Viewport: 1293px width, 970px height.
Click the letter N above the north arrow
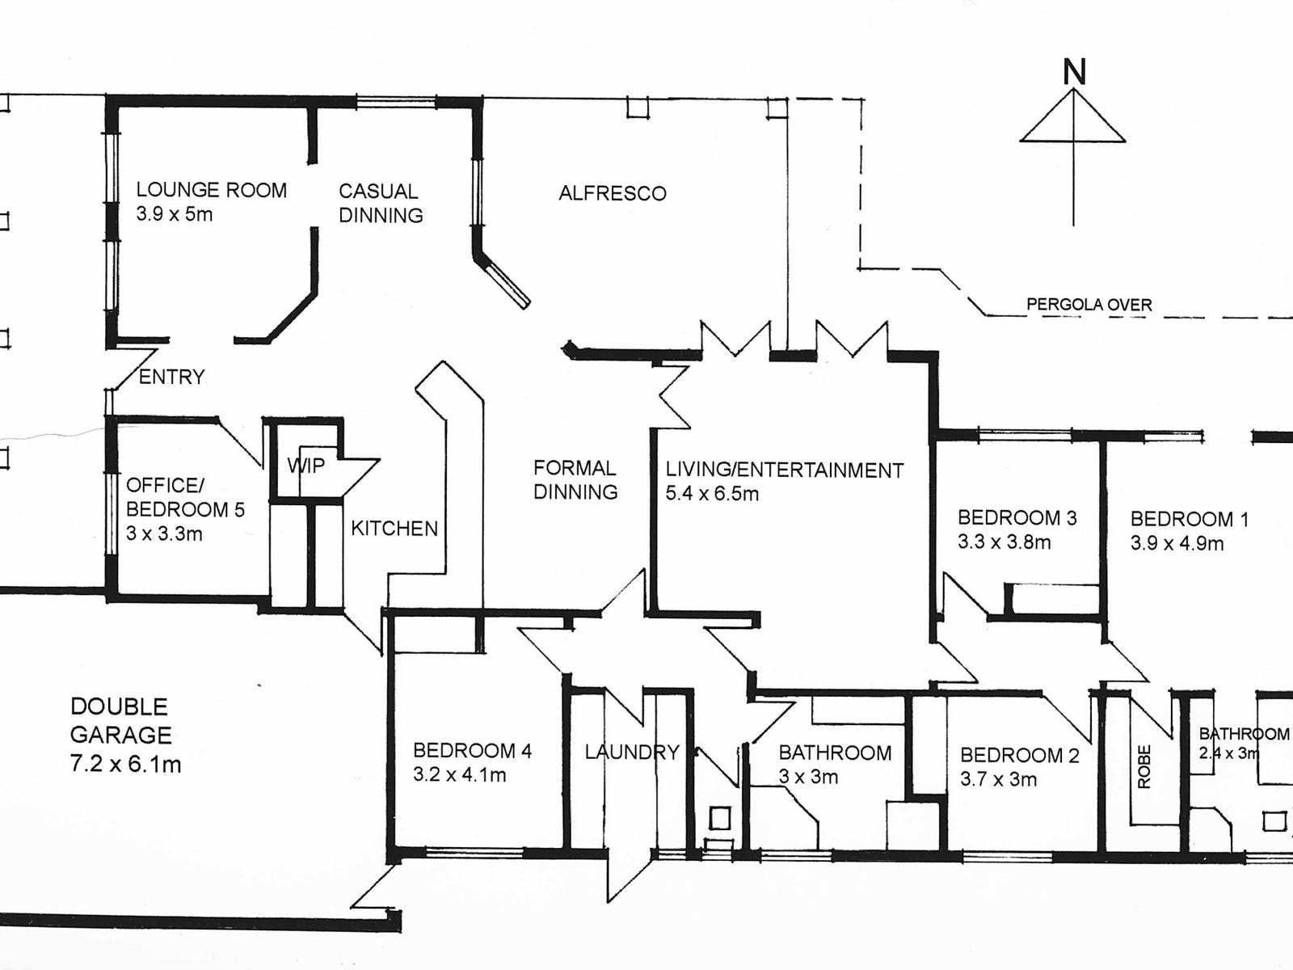coord(1074,73)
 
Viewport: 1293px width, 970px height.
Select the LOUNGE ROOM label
coord(211,190)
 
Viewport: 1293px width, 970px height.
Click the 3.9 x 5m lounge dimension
coord(175,214)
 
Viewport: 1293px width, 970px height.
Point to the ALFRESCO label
coord(613,193)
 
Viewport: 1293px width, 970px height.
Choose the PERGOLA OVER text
coord(1089,305)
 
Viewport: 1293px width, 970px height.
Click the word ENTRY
coord(172,377)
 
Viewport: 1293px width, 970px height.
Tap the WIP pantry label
coord(306,465)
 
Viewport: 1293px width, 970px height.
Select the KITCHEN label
coord(394,529)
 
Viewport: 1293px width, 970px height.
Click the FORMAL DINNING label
coord(575,479)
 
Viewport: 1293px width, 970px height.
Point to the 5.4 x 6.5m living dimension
coord(712,494)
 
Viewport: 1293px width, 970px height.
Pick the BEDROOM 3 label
coord(1017,517)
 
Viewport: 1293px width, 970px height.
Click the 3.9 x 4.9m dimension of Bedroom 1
coord(1177,543)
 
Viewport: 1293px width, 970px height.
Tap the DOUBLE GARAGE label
coord(120,720)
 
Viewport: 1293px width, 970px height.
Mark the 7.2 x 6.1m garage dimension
coord(125,764)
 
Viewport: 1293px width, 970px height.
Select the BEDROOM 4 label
coord(472,751)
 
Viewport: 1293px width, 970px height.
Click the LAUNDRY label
coord(632,753)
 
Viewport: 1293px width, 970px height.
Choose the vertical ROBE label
coord(1143,767)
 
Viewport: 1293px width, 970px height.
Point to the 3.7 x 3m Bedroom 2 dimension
coord(998,780)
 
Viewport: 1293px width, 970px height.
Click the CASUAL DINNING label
coord(381,203)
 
